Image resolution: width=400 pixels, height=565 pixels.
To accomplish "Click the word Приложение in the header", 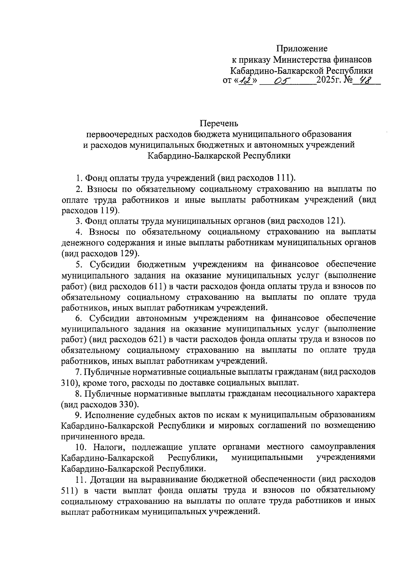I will [302, 49].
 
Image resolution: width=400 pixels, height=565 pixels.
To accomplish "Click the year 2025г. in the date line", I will [328, 80].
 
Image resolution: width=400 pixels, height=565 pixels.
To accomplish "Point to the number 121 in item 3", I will [334, 221].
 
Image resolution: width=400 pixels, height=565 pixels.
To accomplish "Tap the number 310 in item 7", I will [69, 383].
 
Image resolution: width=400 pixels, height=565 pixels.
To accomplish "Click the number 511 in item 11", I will [69, 490].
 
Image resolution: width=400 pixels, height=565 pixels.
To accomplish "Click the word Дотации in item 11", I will [106, 479].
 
